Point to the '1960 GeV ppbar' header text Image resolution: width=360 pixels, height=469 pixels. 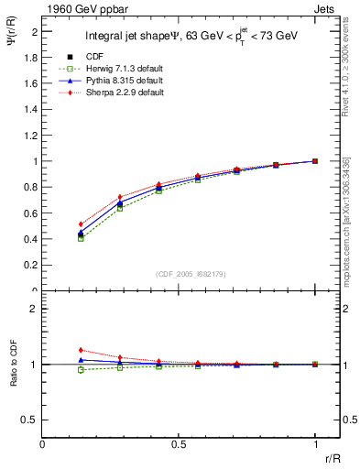[80, 7]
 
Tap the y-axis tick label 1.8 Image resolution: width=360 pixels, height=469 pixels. [31, 57]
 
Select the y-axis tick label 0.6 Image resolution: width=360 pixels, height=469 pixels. [31, 213]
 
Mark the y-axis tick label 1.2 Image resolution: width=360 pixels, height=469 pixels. [31, 136]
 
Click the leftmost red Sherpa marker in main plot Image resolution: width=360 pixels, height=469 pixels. [82, 224]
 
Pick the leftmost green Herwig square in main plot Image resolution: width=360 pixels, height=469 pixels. [82, 238]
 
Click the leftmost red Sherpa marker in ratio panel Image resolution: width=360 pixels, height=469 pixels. [82, 350]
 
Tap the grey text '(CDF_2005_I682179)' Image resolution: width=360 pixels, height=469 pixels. [179, 273]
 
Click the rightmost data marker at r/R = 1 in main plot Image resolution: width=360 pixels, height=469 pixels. [315, 161]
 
